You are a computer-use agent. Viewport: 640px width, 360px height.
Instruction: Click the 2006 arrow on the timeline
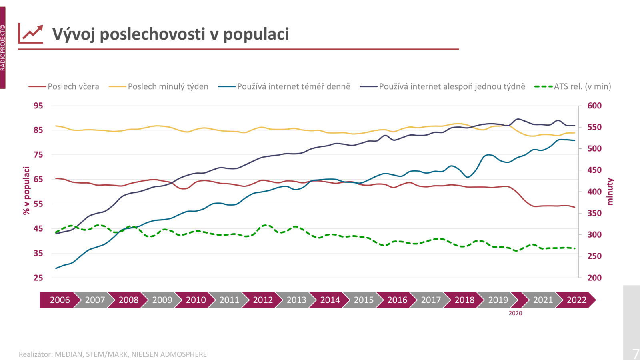[60, 300]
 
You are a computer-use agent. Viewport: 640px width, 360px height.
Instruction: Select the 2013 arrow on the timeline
[296, 300]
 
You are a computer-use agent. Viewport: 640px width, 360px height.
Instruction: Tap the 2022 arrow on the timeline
[576, 300]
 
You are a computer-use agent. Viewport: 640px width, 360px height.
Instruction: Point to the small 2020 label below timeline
[515, 313]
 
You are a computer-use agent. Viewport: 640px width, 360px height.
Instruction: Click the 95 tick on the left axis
[38, 106]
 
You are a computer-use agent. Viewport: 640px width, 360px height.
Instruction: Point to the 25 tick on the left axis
[38, 278]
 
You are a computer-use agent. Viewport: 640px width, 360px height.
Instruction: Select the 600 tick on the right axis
[594, 106]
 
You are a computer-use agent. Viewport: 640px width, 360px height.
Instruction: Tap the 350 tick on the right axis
[594, 213]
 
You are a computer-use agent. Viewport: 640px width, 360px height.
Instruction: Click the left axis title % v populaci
[26, 191]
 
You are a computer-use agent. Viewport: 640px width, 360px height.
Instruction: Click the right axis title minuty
[610, 192]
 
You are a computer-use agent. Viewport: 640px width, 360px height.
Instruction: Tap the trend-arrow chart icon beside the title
[31, 34]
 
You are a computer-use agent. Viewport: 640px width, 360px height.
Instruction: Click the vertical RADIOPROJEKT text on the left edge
[3, 48]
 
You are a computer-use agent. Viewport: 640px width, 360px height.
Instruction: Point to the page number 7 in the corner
[635, 354]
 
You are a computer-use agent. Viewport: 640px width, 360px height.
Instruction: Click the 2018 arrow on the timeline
[464, 300]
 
